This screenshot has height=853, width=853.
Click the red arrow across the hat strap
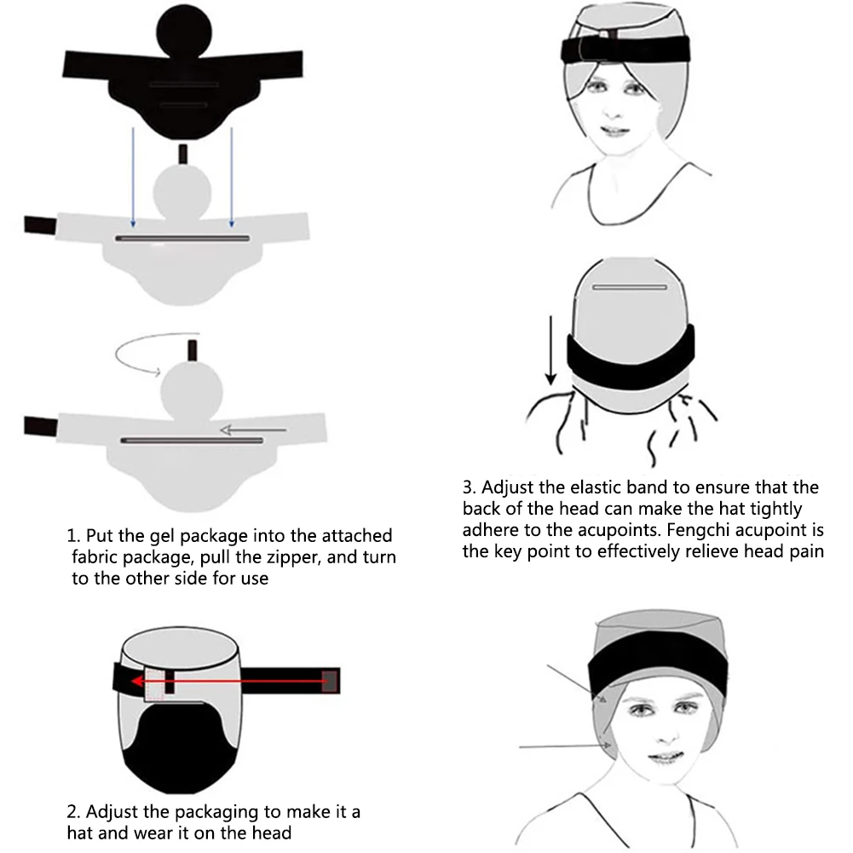tap(228, 681)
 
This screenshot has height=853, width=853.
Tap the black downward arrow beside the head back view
tap(551, 349)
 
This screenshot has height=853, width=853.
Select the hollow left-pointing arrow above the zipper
tap(253, 430)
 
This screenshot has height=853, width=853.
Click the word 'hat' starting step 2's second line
tap(79, 833)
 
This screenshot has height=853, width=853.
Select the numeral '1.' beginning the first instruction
tap(73, 536)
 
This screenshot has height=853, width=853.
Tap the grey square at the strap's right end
tap(330, 681)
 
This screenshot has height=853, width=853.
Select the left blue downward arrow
tap(133, 177)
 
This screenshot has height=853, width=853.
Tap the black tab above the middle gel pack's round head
tap(182, 154)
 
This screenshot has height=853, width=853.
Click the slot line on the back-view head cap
tap(630, 286)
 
